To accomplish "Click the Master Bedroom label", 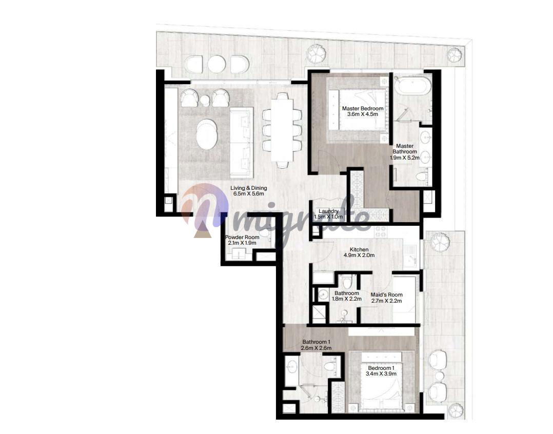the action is pyautogui.click(x=363, y=108).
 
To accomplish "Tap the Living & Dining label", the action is pyautogui.click(x=249, y=188).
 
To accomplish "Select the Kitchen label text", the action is pyautogui.click(x=359, y=249).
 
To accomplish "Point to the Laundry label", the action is pyautogui.click(x=328, y=211).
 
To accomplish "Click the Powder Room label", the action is pyautogui.click(x=242, y=238).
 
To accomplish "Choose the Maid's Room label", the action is pyautogui.click(x=387, y=295).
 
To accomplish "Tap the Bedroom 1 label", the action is pyautogui.click(x=381, y=368).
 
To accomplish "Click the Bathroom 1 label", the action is pyautogui.click(x=317, y=342).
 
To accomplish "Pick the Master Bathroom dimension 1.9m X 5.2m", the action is pyautogui.click(x=405, y=157).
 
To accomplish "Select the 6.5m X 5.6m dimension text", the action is pyautogui.click(x=249, y=193).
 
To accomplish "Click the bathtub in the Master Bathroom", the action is pyautogui.click(x=412, y=85).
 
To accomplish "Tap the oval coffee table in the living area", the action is pyautogui.click(x=207, y=134).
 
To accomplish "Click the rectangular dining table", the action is pyautogui.click(x=282, y=130).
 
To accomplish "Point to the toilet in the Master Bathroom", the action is pyautogui.click(x=422, y=175).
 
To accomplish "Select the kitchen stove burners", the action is pyautogui.click(x=381, y=232).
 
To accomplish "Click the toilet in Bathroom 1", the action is pyautogui.click(x=329, y=365).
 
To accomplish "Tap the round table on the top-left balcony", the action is pyautogui.click(x=216, y=64).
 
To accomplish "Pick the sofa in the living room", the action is pyautogui.click(x=242, y=143).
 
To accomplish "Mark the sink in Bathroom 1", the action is pyautogui.click(x=292, y=367).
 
